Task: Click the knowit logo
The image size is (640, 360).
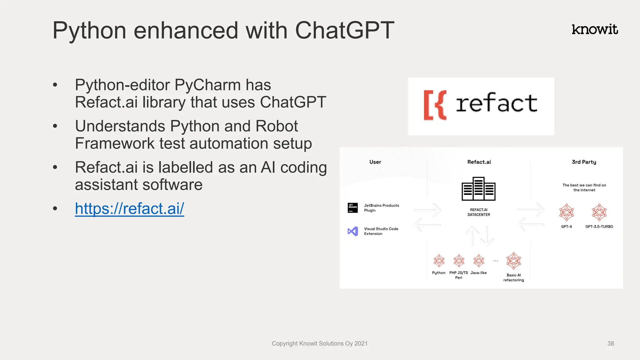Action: (x=595, y=29)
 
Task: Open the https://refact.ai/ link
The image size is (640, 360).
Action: (x=129, y=208)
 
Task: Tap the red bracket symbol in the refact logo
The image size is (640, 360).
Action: (x=435, y=105)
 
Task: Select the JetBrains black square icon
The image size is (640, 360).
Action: (x=353, y=207)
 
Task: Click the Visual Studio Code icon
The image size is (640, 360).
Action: (x=353, y=231)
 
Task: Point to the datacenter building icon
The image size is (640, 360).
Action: (x=478, y=189)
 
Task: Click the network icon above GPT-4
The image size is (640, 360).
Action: (x=567, y=212)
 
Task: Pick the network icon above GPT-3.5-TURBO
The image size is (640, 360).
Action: (x=599, y=212)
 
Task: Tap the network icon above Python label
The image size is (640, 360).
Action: (x=439, y=261)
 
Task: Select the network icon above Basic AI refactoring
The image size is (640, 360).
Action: (x=513, y=261)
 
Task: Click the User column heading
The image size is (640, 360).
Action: (x=375, y=162)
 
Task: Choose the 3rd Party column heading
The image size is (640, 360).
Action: (x=584, y=162)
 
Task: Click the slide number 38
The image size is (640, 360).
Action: (x=611, y=343)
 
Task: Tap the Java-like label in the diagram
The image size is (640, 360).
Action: (x=478, y=273)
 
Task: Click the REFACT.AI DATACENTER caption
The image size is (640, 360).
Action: (x=478, y=212)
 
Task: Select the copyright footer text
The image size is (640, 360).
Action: (x=319, y=343)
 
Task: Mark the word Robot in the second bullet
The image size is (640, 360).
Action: (x=276, y=126)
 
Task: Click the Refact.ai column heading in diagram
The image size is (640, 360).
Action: (x=479, y=162)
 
